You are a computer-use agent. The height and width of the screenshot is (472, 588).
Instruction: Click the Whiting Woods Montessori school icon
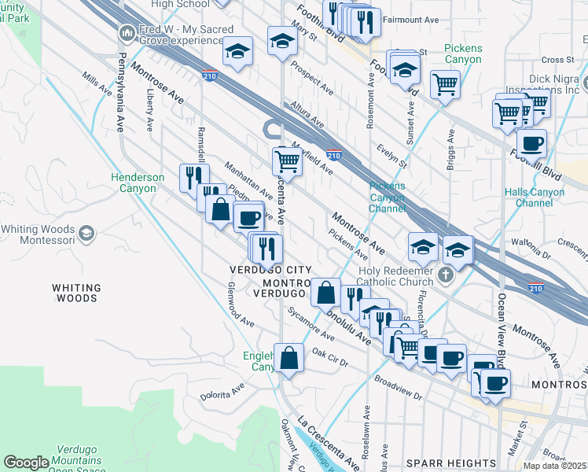click(86, 234)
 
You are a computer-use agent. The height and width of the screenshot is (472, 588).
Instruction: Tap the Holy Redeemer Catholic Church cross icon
click(446, 275)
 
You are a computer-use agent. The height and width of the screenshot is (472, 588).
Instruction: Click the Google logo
click(26, 463)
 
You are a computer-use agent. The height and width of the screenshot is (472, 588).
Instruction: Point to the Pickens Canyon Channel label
click(388, 197)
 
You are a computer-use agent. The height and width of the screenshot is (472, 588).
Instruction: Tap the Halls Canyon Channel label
click(540, 197)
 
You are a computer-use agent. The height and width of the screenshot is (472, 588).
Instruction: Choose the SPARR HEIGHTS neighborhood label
click(451, 463)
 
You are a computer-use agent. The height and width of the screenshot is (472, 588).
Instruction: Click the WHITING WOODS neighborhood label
click(75, 293)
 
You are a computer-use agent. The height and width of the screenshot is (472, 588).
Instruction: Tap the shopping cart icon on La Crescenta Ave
click(288, 161)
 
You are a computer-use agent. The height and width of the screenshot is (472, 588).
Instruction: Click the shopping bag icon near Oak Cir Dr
click(290, 358)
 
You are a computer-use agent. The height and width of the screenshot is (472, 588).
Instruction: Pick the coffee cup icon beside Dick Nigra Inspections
click(532, 144)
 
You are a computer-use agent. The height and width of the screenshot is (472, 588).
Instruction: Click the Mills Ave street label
click(98, 84)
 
